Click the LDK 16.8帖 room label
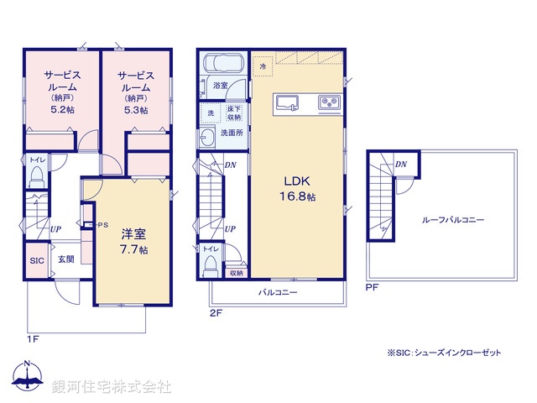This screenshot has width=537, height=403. (298, 188)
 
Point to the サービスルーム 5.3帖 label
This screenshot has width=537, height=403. (133, 92)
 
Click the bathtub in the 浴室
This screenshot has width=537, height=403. (224, 65)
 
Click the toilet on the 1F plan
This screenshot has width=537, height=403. (36, 174)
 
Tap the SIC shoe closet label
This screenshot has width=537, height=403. (37, 261)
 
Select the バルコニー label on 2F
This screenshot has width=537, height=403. (278, 292)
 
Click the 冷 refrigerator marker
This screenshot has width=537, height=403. (262, 65)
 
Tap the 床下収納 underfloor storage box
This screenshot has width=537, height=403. (234, 113)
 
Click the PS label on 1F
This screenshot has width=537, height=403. (104, 225)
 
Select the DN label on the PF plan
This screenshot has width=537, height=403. (401, 165)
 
